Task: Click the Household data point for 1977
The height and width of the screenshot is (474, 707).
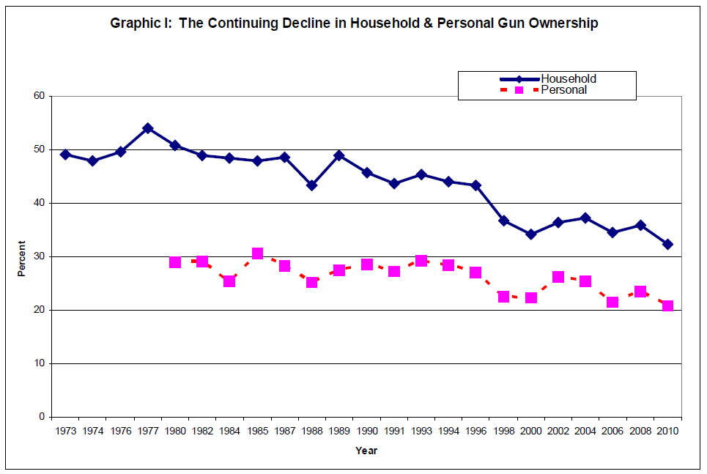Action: (147, 128)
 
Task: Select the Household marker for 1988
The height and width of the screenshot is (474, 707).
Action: (312, 185)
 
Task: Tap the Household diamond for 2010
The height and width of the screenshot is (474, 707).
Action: (667, 244)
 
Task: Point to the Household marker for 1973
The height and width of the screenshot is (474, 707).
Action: (65, 155)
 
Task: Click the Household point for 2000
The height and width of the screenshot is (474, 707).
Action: (530, 234)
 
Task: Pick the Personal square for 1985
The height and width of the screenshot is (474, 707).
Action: (257, 253)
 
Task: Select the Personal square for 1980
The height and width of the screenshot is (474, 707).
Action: (175, 262)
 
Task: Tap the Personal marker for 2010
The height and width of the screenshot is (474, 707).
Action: (667, 306)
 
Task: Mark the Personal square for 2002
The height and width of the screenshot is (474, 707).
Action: (558, 277)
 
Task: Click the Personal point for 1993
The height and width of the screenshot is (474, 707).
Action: (421, 261)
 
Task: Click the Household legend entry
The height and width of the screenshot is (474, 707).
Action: (568, 79)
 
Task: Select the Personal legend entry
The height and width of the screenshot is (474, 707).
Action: (563, 90)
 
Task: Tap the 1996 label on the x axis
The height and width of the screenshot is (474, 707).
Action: (475, 432)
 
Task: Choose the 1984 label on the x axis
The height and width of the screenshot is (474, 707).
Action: (229, 432)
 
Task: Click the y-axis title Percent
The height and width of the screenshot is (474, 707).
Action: (22, 259)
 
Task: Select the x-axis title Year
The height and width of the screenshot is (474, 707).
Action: (366, 451)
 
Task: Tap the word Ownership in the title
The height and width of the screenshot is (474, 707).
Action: (565, 23)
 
